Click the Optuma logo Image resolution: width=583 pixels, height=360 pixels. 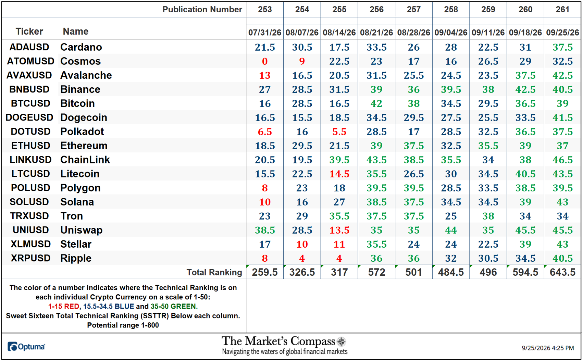click(x=26, y=346)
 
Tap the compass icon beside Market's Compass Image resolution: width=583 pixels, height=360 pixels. click(x=341, y=342)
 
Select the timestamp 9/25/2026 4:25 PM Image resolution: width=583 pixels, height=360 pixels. click(x=548, y=348)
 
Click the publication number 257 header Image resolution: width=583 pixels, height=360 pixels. click(x=413, y=10)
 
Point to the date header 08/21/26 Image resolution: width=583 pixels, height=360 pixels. click(x=376, y=33)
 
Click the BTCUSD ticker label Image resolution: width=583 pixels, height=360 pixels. click(x=30, y=103)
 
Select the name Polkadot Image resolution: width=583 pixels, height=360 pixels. click(x=82, y=132)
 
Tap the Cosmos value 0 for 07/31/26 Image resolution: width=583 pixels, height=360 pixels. click(x=265, y=61)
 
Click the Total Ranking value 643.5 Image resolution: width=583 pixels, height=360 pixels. click(x=562, y=272)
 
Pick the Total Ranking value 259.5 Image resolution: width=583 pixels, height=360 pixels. click(x=265, y=272)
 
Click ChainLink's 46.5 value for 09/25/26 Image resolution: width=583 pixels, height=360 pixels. click(x=562, y=160)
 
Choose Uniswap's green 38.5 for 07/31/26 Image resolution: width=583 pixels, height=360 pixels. click(x=265, y=230)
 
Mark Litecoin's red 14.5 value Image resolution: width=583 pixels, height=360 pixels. click(x=339, y=174)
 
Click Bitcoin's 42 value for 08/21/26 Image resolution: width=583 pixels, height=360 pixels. click(x=376, y=103)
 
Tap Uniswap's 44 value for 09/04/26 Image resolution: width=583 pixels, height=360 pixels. click(x=451, y=230)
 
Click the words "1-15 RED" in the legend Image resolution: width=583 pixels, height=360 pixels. click(x=64, y=306)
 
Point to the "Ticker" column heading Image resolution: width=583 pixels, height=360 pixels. click(x=29, y=31)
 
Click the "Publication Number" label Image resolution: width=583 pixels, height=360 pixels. click(x=202, y=10)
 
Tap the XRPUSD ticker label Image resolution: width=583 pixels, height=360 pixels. click(x=30, y=258)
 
